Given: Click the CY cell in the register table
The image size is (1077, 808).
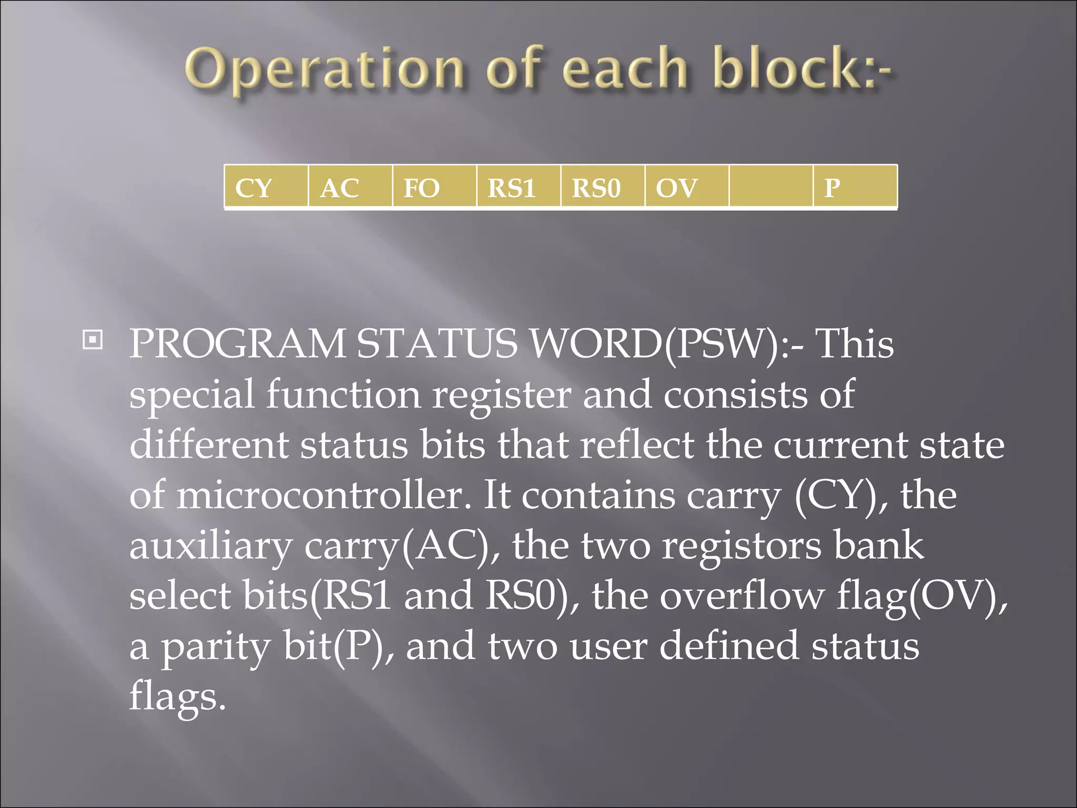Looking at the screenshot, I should coord(266,187).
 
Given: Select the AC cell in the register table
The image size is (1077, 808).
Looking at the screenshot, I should coord(350,187).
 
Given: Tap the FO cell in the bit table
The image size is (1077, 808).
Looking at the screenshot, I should coord(434,187).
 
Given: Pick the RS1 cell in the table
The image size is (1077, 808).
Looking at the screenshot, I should coord(519,187).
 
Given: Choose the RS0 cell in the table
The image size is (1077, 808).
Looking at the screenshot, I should coord(603,187).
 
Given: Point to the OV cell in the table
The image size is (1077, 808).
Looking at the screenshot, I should coord(687,187).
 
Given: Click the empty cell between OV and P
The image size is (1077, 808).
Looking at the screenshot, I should coord(771,187).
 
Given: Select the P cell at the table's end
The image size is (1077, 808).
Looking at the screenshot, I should coord(855,187).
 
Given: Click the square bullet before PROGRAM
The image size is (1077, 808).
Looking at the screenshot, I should coord(93,340).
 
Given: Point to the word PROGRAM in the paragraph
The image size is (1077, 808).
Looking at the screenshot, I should coord(237,344).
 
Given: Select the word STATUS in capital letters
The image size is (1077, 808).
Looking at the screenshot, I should coord(437,344).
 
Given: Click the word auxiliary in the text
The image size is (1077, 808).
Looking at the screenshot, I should coord(210,546).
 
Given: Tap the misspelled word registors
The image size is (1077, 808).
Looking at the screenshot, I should coord(741,546).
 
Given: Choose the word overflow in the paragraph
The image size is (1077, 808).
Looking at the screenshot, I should coord(742,596).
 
